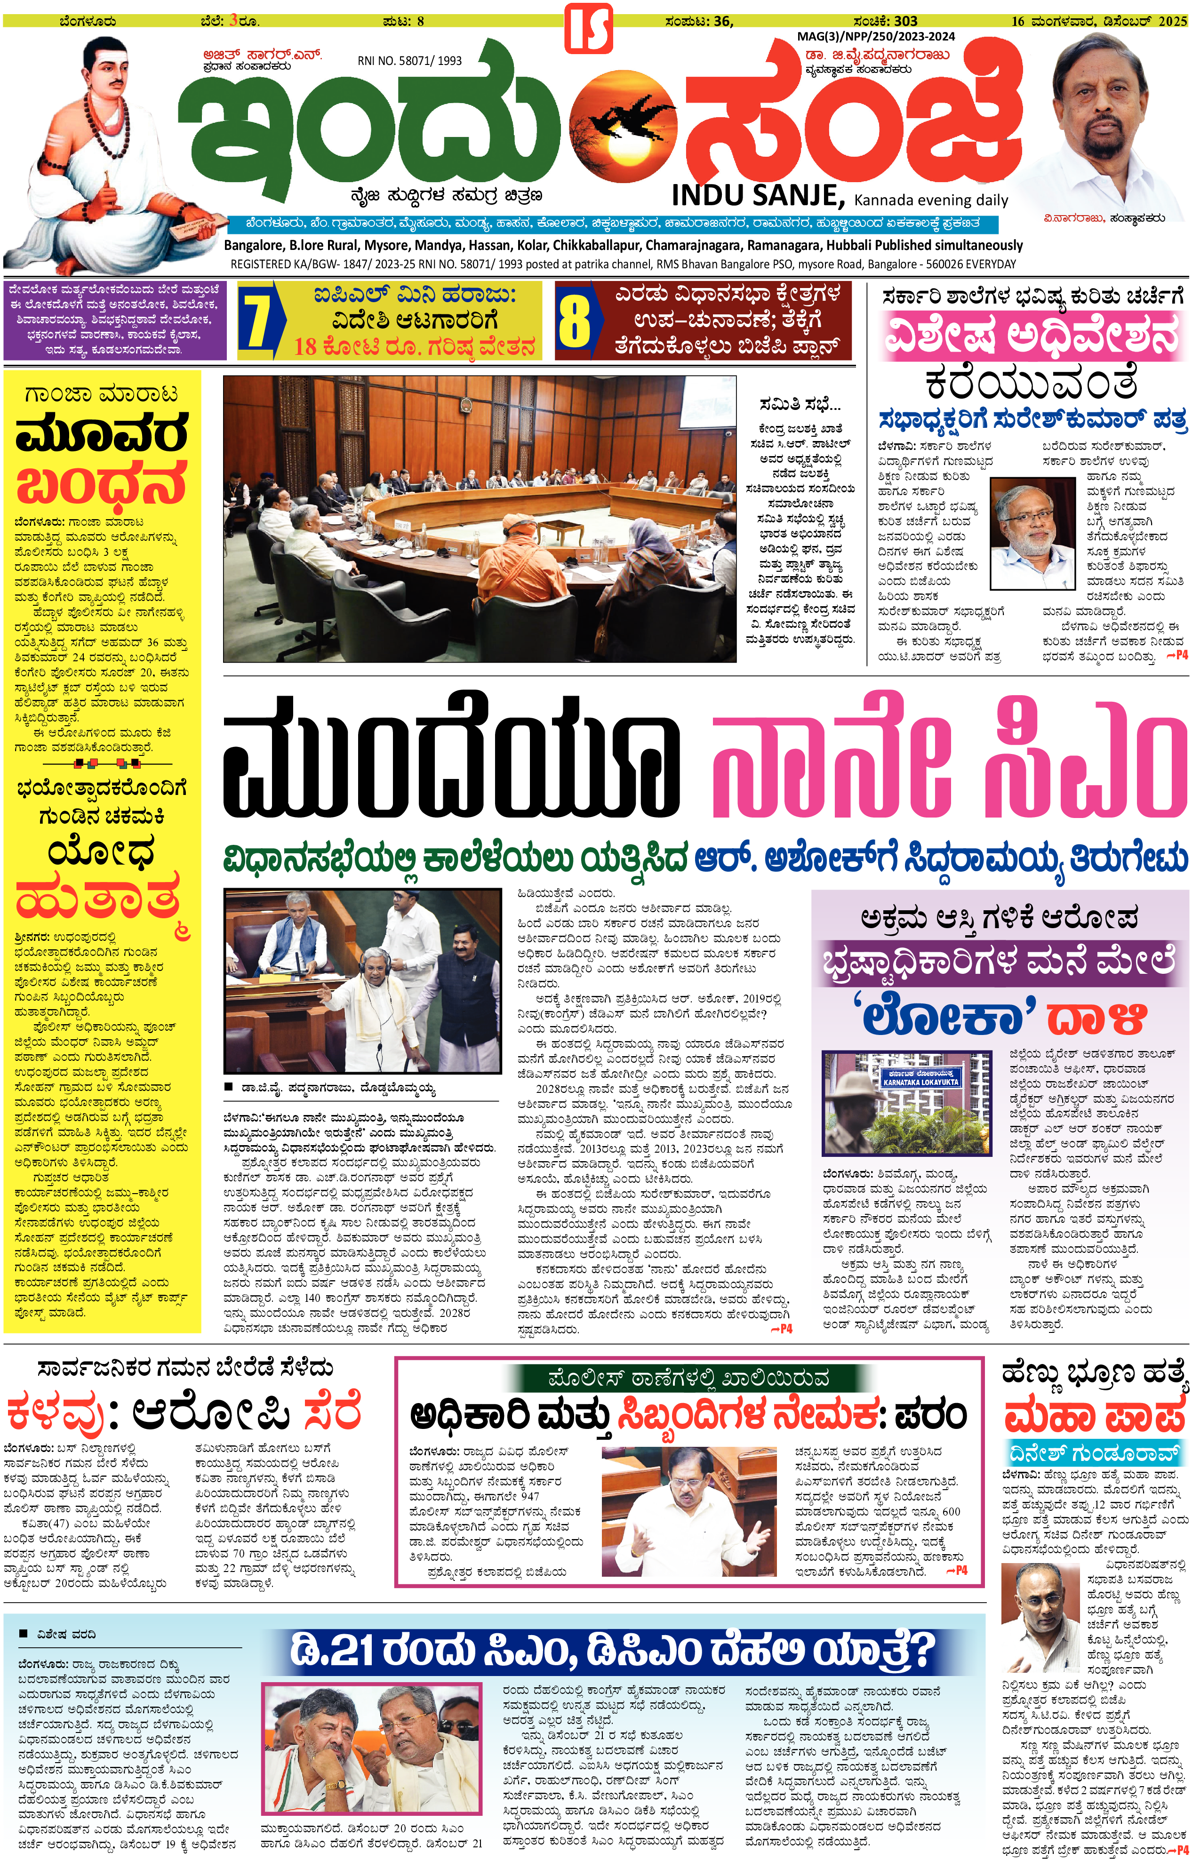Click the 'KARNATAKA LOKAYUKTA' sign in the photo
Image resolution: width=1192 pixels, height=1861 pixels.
click(x=920, y=1078)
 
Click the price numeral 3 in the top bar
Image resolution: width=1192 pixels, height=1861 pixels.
click(x=232, y=21)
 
